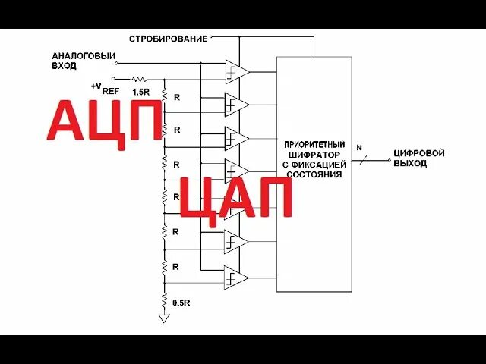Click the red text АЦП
point(105,121)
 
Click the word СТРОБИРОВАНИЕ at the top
point(168,39)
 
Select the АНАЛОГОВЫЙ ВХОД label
point(84,61)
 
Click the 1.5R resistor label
point(140,92)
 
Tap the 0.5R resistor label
point(181,303)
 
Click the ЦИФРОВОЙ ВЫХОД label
point(418,158)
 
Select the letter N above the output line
point(359,146)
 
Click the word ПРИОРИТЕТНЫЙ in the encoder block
point(314,144)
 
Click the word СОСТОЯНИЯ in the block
point(314,174)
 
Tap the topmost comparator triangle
point(236,72)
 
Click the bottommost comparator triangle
point(236,279)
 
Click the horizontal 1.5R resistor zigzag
point(139,78)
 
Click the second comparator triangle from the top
point(236,104)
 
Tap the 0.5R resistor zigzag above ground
point(164,300)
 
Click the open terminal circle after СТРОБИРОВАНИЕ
point(211,36)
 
